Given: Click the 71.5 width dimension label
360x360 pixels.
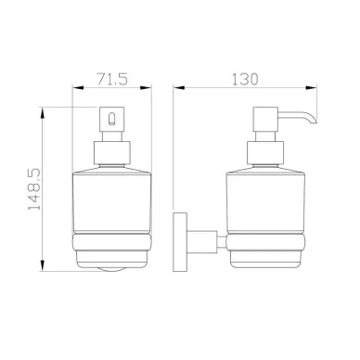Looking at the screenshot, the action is [112, 79].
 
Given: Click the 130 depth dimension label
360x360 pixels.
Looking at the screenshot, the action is [245, 79].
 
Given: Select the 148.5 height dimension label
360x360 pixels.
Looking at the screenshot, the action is [34, 189].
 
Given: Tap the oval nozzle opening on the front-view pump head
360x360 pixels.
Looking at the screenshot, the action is [111, 119].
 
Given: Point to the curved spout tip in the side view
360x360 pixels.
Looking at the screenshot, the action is [313, 119].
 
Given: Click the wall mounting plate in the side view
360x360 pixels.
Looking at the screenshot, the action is [180, 242].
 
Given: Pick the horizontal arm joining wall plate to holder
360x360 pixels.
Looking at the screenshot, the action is [201, 241].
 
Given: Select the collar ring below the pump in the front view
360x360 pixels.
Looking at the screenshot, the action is [111, 153].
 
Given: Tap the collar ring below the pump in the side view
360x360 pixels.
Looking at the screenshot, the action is [265, 153].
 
